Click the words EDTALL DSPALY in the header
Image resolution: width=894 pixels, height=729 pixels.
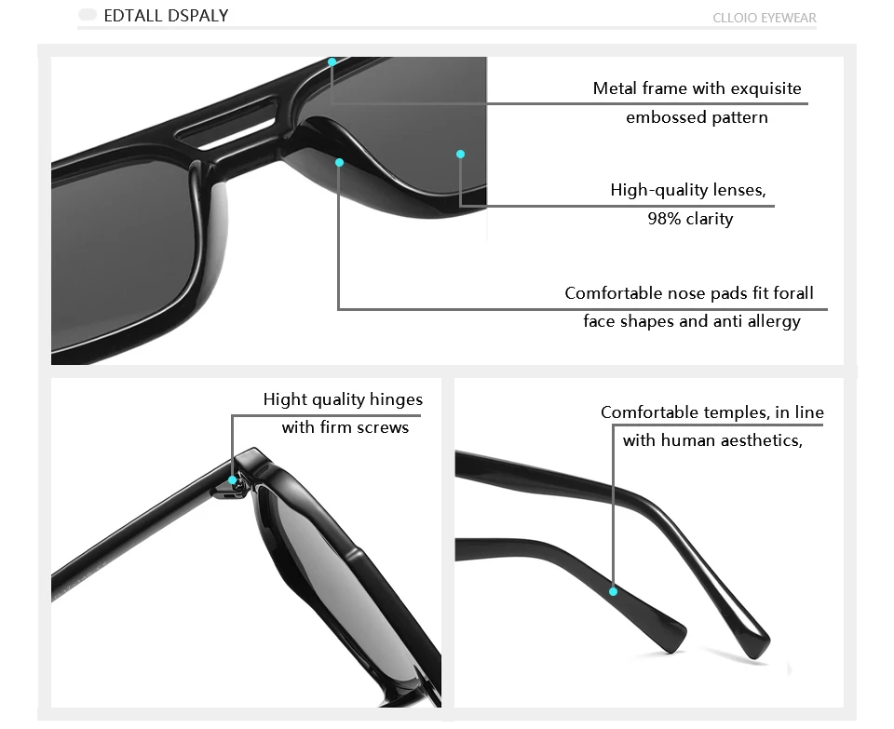[166, 16]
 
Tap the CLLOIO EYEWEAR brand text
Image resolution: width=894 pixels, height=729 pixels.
[764, 18]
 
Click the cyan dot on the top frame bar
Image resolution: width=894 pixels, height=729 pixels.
[332, 62]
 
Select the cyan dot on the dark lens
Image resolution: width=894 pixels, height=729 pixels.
[460, 154]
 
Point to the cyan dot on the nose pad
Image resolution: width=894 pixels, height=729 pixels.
[339, 163]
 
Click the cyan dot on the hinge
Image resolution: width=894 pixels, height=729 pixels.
[233, 480]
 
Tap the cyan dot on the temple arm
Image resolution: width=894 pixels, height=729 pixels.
[613, 591]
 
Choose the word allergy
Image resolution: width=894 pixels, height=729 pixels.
[774, 322]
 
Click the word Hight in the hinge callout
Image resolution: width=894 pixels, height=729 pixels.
[285, 400]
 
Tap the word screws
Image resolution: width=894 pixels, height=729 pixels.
[383, 428]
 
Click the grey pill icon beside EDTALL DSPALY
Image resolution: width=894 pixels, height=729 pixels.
[88, 16]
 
